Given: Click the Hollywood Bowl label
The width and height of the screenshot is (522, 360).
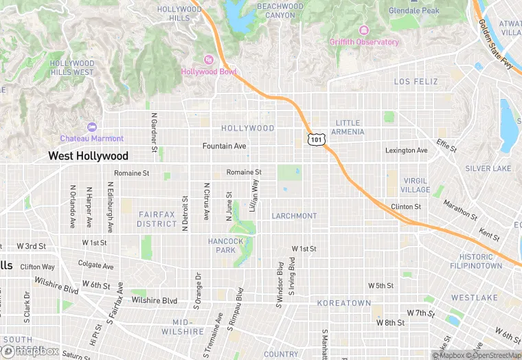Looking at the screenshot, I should pyautogui.click(x=209, y=71).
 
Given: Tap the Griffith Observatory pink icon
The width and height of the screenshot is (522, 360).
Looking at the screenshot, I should pyautogui.click(x=363, y=31).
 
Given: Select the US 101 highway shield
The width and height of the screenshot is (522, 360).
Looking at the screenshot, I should pyautogui.click(x=315, y=139).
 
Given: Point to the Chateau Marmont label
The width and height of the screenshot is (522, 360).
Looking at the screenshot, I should pyautogui.click(x=92, y=138).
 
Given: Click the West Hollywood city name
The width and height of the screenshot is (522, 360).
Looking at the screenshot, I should pyautogui.click(x=88, y=157).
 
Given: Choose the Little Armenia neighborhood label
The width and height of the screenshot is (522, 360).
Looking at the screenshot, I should pyautogui.click(x=348, y=127).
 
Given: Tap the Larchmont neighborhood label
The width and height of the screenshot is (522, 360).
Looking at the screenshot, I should pyautogui.click(x=294, y=216).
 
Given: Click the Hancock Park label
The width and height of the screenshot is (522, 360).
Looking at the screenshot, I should pyautogui.click(x=226, y=245).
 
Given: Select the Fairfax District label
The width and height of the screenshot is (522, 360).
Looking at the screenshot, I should pyautogui.click(x=157, y=219).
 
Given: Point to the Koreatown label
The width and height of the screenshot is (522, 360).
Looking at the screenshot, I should pyautogui.click(x=344, y=303).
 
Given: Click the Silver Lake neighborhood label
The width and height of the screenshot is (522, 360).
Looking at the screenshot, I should pyautogui.click(x=488, y=168).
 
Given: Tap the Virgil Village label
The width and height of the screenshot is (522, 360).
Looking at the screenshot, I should pyautogui.click(x=416, y=185).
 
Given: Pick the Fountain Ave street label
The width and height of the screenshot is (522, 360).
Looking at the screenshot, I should pyautogui.click(x=225, y=146).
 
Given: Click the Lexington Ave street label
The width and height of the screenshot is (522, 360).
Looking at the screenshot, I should pyautogui.click(x=406, y=150).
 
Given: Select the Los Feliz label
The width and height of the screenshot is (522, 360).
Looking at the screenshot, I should pyautogui.click(x=416, y=82).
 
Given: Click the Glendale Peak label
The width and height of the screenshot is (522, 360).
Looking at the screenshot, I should pyautogui.click(x=414, y=11).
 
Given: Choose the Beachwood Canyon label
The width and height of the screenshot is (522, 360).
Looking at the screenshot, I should pyautogui.click(x=280, y=10).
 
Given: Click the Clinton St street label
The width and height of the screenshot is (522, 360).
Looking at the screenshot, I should pyautogui.click(x=406, y=206).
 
